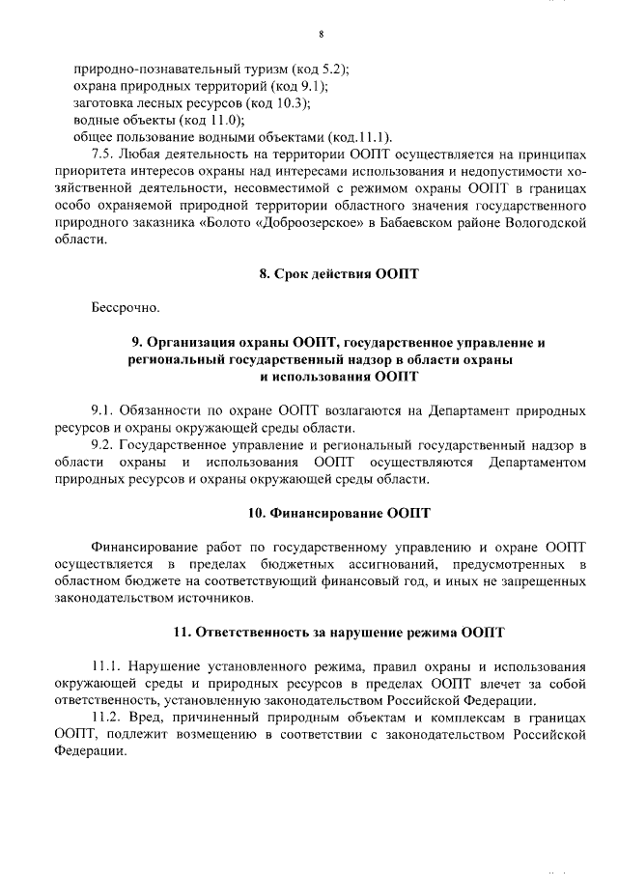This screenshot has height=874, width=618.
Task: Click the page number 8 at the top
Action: pos(320,37)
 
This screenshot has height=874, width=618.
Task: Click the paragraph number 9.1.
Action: pos(102,410)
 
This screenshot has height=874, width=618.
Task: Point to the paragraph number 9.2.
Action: pos(102,445)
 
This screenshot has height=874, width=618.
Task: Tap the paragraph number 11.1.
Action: pos(105,666)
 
